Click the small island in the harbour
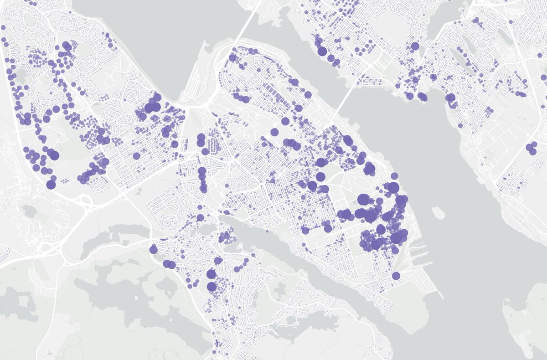(x=437, y=212)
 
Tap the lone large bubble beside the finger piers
(x=396, y=276)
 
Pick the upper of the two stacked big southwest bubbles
(x=211, y=274)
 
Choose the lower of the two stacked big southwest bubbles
(x=212, y=287)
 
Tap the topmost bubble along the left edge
(x=3, y=28)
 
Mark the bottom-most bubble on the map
(x=214, y=352)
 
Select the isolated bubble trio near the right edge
(x=532, y=148)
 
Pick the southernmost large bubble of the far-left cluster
(x=51, y=185)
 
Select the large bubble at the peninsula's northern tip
(x=232, y=57)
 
